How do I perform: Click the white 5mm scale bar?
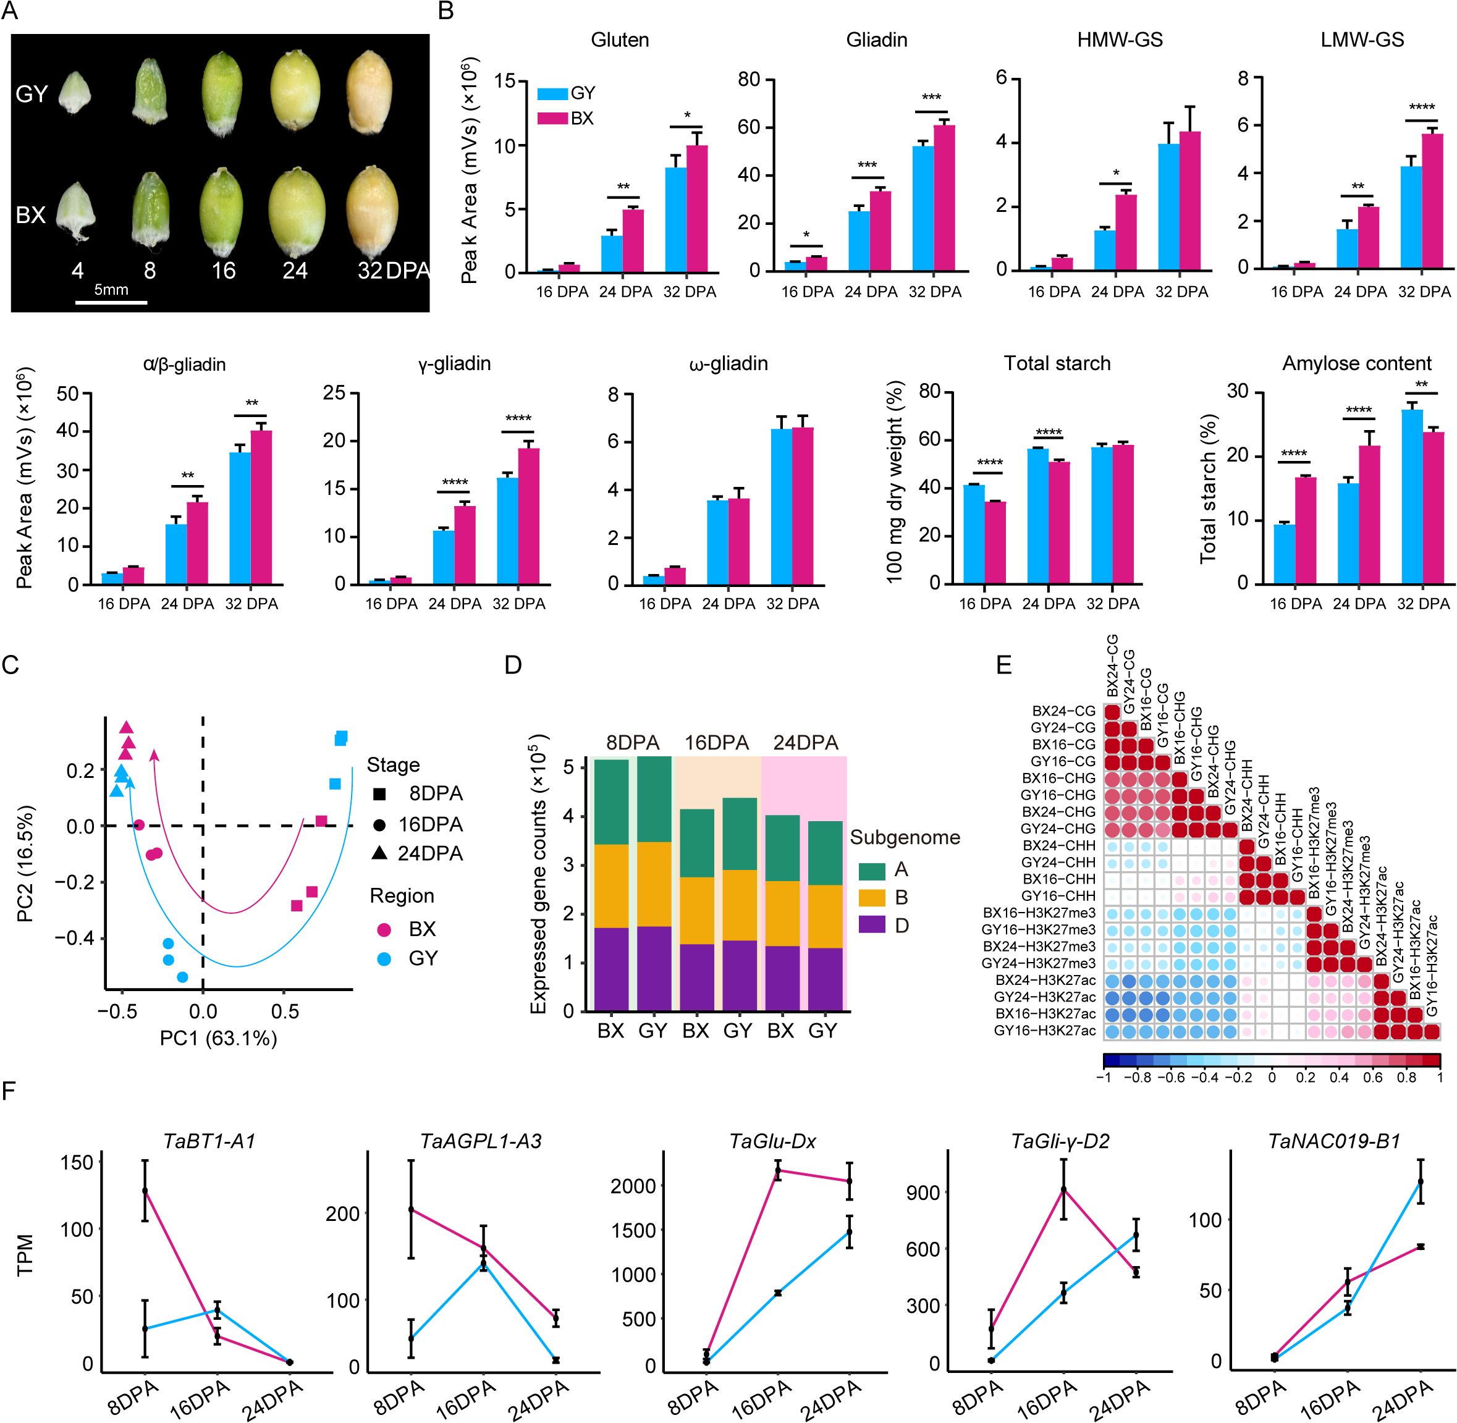pyautogui.click(x=111, y=303)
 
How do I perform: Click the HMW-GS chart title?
pyautogui.click(x=1120, y=40)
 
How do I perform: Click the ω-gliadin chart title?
pyautogui.click(x=729, y=364)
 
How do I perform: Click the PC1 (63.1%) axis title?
pyautogui.click(x=218, y=1037)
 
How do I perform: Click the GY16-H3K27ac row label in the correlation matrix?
pyautogui.click(x=1044, y=1031)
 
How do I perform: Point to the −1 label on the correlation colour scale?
pyautogui.click(x=1103, y=1077)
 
